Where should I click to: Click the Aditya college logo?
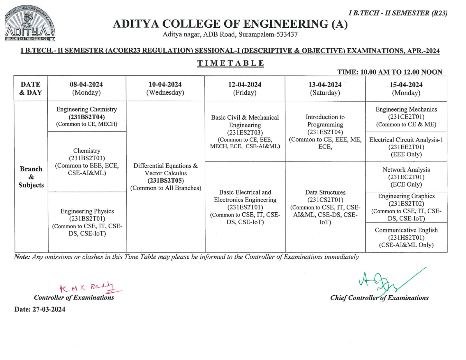[x=30, y=25]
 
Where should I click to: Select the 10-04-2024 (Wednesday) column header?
[x=165, y=88]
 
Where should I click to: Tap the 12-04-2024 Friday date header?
[x=245, y=89]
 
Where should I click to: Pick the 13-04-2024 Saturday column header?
[x=325, y=89]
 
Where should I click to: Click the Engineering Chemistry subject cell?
[x=87, y=117]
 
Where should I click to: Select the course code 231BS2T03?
[x=87, y=158]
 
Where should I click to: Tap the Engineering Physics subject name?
[x=87, y=211]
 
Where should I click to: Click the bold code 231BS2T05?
[x=166, y=181]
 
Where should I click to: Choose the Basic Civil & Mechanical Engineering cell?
[x=245, y=132]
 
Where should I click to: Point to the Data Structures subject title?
[x=325, y=192]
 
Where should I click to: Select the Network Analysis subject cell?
[x=406, y=177]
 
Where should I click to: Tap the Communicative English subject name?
[x=406, y=230]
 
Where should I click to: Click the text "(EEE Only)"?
[x=406, y=154]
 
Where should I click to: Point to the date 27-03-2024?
[x=49, y=309]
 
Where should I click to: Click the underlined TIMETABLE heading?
[x=230, y=63]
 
